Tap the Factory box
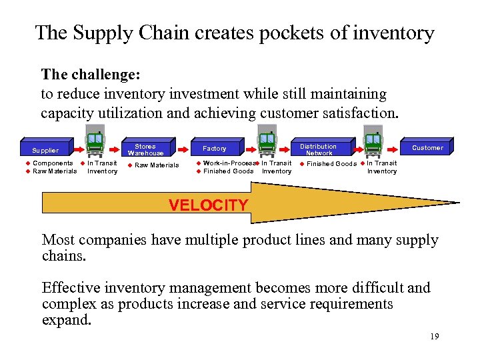(215, 148)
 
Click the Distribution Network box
(318, 149)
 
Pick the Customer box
(427, 147)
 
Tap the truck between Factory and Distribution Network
(267, 143)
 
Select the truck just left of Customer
(372, 143)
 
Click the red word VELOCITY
(208, 205)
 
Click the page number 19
(434, 337)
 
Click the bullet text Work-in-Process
(229, 163)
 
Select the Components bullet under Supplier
(53, 163)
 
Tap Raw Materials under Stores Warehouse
(157, 165)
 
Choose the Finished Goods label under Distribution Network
(331, 164)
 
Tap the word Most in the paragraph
(59, 240)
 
